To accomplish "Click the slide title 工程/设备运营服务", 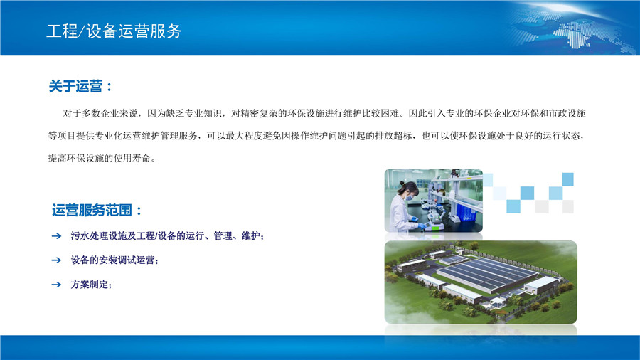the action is pyautogui.click(x=114, y=31).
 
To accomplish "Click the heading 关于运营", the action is pyautogui.click(x=76, y=86).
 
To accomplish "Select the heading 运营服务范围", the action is pyautogui.click(x=92, y=210).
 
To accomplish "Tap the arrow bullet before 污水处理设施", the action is pyautogui.click(x=56, y=236).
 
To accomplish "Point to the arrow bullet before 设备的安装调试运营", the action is pyautogui.click(x=56, y=260).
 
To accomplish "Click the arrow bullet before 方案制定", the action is pyautogui.click(x=56, y=285).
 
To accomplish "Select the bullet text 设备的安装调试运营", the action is pyautogui.click(x=112, y=260).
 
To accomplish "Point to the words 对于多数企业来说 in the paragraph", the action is pyautogui.click(x=100, y=113).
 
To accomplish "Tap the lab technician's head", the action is pyautogui.click(x=409, y=191).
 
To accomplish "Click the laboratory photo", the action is pyautogui.click(x=434, y=201).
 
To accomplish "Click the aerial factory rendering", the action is pyautogui.click(x=481, y=282).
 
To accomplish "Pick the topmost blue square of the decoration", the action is pyautogui.click(x=567, y=179).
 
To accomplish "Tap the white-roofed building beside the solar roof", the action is pyautogui.click(x=542, y=285).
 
